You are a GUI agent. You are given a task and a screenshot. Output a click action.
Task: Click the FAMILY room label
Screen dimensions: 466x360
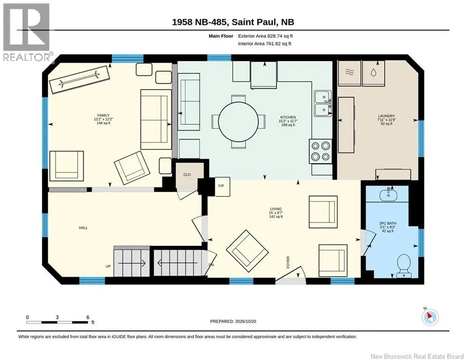(104, 115)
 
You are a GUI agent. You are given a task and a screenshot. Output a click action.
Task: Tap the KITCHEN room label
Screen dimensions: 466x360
(288, 117)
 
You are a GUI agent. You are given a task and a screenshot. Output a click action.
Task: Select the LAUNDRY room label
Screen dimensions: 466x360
(386, 116)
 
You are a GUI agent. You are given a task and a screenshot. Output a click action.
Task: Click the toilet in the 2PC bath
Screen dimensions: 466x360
(404, 265)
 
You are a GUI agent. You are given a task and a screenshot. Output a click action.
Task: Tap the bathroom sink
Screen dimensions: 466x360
(388, 195)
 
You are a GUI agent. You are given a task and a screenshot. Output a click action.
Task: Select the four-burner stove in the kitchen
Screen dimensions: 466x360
(320, 151)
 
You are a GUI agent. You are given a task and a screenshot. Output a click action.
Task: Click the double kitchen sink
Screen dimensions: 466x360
(323, 104)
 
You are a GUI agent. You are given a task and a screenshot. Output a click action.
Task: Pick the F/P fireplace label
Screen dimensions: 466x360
(221, 186)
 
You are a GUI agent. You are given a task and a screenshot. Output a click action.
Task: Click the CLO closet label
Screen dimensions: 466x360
(187, 175)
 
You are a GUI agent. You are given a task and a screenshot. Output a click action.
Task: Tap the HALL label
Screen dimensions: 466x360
(83, 228)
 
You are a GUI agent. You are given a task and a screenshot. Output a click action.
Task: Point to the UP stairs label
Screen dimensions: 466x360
(108, 266)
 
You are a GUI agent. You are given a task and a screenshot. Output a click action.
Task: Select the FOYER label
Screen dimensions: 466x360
(288, 262)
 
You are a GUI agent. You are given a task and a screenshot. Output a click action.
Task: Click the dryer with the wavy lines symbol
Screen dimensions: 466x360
(349, 73)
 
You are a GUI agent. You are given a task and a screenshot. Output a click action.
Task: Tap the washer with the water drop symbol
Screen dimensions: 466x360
(374, 73)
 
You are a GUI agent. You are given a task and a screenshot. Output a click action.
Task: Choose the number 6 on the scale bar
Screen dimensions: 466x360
(88, 317)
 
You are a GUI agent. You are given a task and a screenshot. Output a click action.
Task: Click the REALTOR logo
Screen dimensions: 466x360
(26, 32)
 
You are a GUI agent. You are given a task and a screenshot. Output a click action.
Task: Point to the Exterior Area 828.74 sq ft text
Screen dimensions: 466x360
(266, 36)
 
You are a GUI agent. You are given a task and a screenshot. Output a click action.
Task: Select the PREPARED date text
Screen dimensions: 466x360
(233, 321)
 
